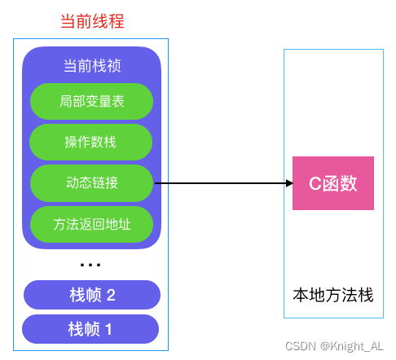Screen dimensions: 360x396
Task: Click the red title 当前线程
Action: [x=92, y=21]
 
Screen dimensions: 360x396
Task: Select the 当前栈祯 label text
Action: [x=91, y=67]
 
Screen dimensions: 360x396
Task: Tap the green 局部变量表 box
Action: [x=91, y=101]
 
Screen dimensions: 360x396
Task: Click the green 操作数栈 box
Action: [x=91, y=142]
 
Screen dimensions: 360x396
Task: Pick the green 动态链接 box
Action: [x=91, y=182]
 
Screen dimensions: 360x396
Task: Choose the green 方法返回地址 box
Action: [x=91, y=223]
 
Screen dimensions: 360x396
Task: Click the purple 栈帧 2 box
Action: [x=91, y=295]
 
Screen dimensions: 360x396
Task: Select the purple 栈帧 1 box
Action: [x=91, y=329]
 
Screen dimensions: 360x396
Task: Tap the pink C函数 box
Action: [x=333, y=183]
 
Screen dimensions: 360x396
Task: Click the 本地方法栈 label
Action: [x=333, y=295]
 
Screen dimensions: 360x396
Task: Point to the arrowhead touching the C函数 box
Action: [x=288, y=183]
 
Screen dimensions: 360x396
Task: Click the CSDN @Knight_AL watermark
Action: [x=334, y=345]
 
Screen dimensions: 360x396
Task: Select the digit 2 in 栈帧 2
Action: [x=111, y=295]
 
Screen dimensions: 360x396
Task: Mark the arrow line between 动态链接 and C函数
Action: [x=220, y=183]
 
